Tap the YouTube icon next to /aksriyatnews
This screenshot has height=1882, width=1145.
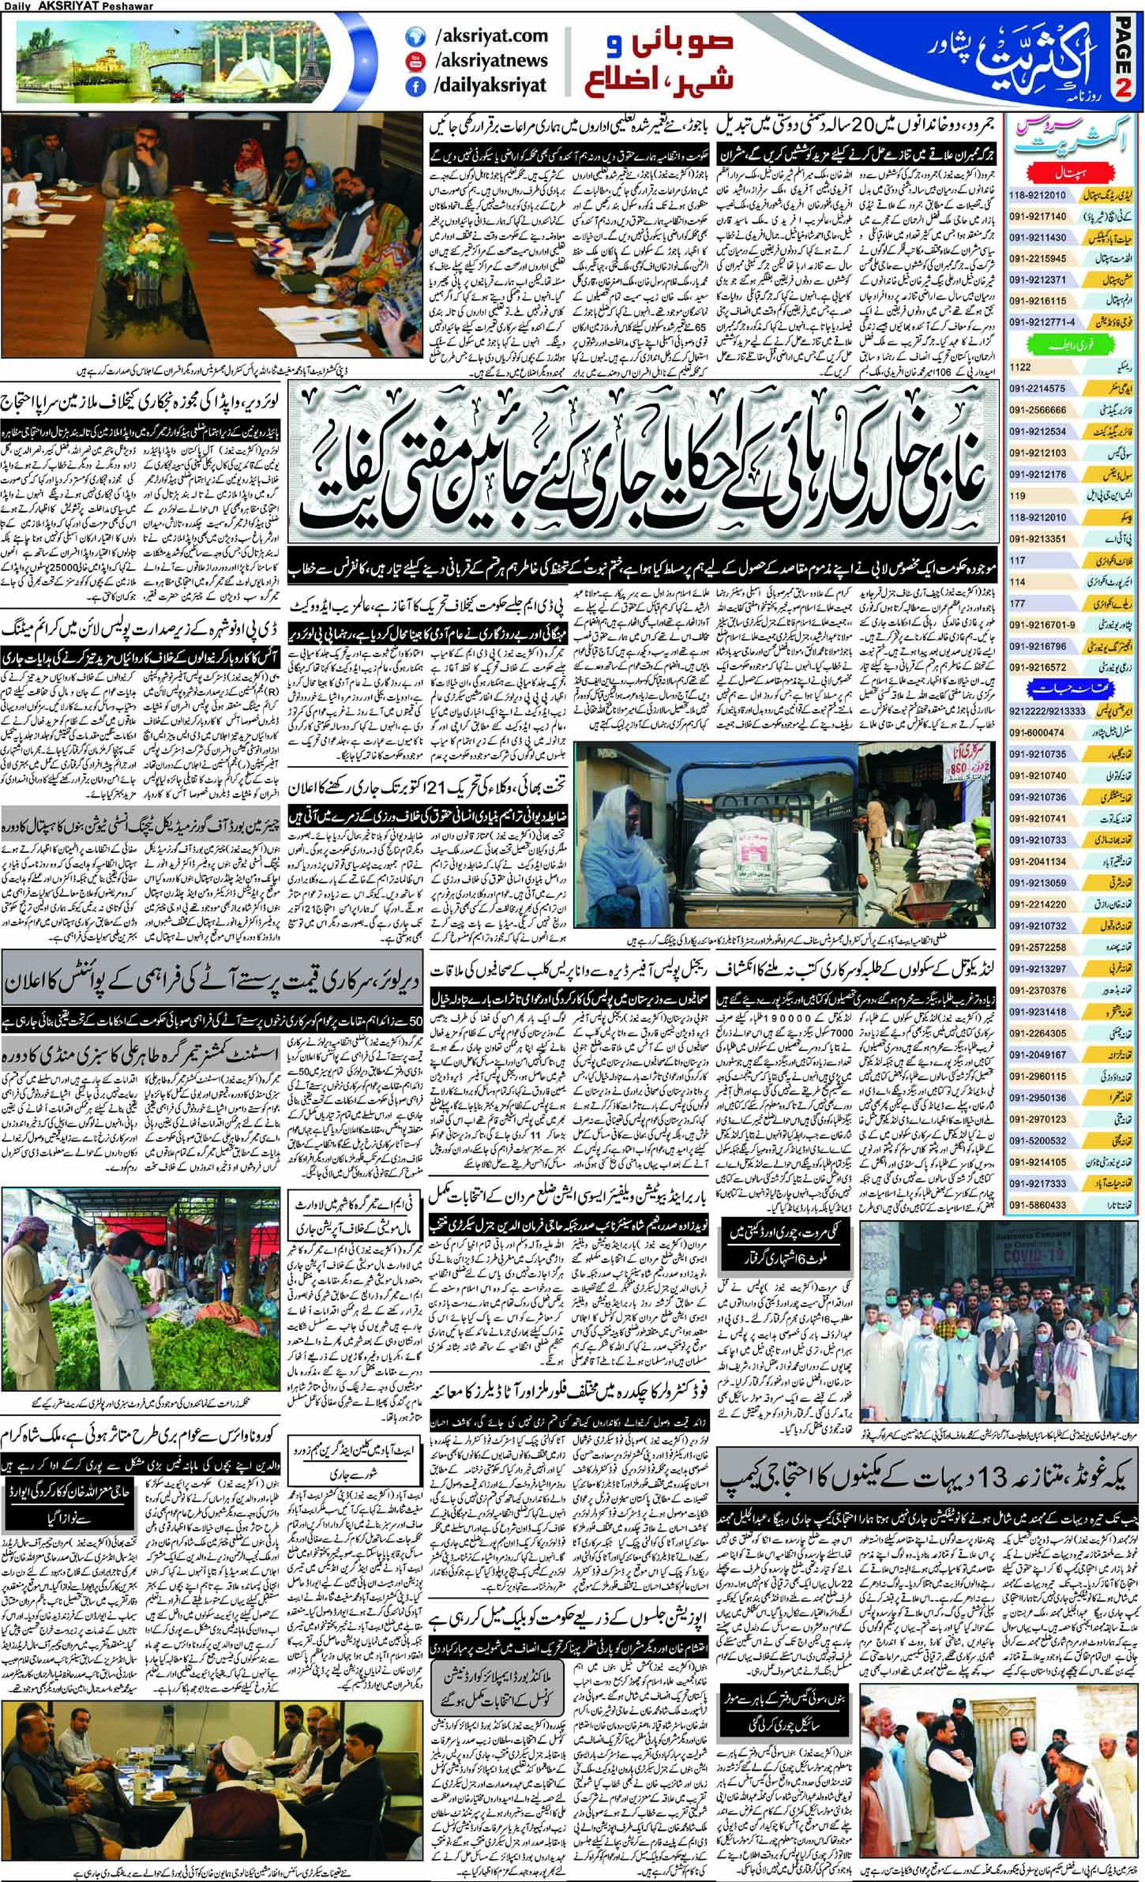pos(415,62)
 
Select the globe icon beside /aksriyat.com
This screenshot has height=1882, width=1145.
pos(415,36)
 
